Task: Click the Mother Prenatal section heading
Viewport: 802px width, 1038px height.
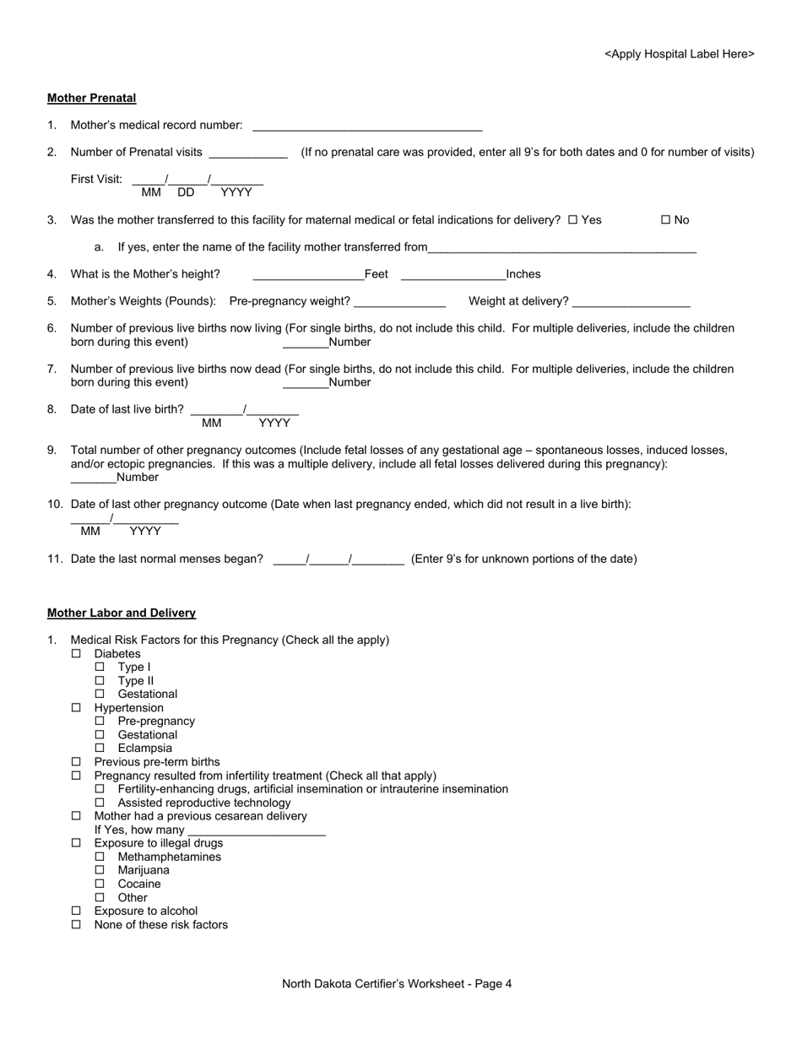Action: pyautogui.click(x=91, y=98)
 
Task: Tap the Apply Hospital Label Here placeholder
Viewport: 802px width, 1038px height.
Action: pyautogui.click(x=679, y=54)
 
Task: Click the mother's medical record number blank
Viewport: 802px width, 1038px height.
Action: pyautogui.click(x=367, y=127)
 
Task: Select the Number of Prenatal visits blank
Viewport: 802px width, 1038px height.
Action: pyautogui.click(x=247, y=154)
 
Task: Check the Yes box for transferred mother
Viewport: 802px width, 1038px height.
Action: pyautogui.click(x=573, y=220)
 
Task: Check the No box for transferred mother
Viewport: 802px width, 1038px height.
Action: pyautogui.click(x=665, y=220)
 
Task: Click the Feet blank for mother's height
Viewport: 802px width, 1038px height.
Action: pyautogui.click(x=308, y=275)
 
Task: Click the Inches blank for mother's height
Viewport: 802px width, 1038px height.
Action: pyautogui.click(x=453, y=275)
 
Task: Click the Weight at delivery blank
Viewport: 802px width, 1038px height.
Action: pyautogui.click(x=631, y=302)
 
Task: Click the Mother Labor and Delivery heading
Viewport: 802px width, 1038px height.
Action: pyautogui.click(x=122, y=613)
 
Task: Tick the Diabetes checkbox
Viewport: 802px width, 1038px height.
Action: pyautogui.click(x=76, y=654)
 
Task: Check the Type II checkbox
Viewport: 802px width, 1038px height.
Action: pyautogui.click(x=100, y=681)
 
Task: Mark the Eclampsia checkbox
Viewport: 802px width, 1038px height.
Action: pyautogui.click(x=100, y=749)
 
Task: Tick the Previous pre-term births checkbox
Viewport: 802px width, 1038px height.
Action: pyautogui.click(x=76, y=762)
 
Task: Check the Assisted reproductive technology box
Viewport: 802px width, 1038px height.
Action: pyautogui.click(x=100, y=803)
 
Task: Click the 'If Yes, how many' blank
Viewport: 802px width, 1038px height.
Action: pyautogui.click(x=257, y=831)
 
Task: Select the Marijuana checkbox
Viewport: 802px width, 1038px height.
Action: pyautogui.click(x=100, y=870)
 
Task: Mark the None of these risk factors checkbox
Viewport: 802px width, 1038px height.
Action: pyautogui.click(x=76, y=925)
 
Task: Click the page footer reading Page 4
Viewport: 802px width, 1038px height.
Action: pyautogui.click(x=397, y=983)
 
